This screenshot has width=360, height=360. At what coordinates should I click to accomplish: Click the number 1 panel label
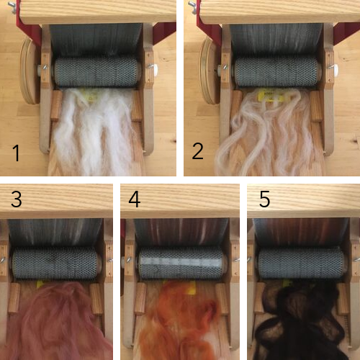(x=16, y=153)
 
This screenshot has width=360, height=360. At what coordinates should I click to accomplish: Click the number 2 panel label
(x=198, y=151)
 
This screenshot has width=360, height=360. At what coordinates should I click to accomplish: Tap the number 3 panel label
(x=17, y=199)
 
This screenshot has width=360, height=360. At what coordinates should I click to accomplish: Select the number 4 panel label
(x=135, y=199)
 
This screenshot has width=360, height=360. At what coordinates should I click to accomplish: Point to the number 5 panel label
(x=265, y=199)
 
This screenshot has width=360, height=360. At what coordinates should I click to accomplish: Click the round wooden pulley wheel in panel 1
(x=30, y=71)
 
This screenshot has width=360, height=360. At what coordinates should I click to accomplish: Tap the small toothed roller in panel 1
(x=96, y=71)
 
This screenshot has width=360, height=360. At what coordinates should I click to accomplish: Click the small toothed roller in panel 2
(x=277, y=71)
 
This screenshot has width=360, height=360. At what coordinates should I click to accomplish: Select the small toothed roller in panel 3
(x=55, y=264)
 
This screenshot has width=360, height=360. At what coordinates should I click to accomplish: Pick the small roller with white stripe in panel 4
(x=181, y=264)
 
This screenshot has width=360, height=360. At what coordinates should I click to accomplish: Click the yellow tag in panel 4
(x=192, y=288)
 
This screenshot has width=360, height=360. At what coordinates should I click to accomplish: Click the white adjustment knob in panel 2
(x=336, y=68)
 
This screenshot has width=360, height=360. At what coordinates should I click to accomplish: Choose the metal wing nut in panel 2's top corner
(x=192, y=6)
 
